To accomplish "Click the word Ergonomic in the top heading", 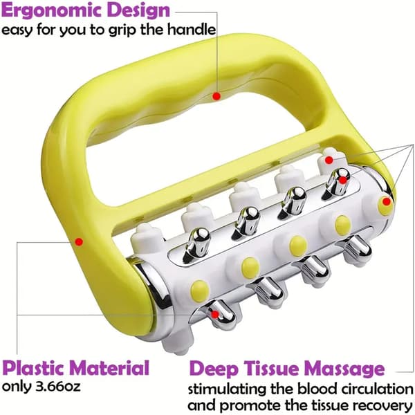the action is coord(52,11).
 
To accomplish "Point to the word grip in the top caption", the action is coord(123,30).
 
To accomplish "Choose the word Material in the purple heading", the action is coord(110,367).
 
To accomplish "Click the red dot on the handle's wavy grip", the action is coord(216,96).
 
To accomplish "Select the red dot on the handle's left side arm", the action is coord(79,241).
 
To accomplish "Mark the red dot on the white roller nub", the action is coord(329,160).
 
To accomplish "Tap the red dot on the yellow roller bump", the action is coord(387,202).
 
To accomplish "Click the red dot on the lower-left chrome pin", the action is coord(215,315).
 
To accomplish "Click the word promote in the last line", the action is coord(243,406).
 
